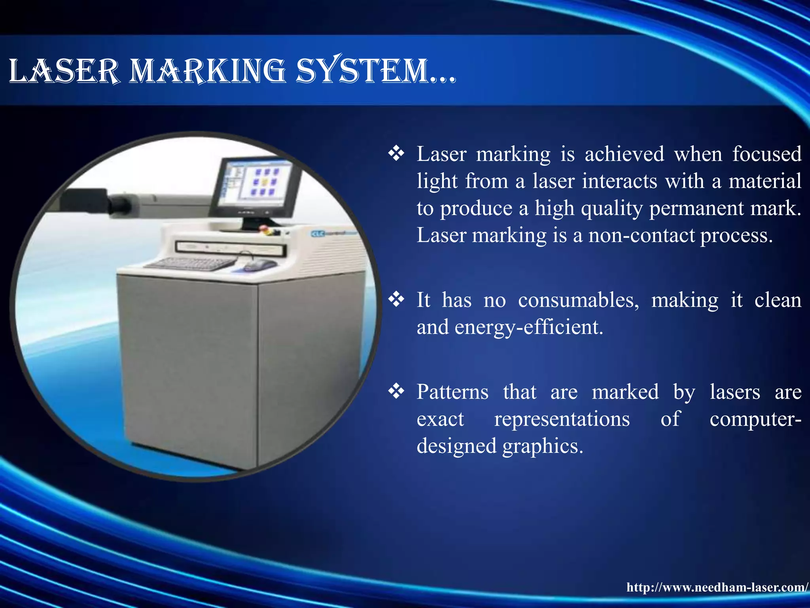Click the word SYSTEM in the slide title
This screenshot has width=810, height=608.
click(x=362, y=71)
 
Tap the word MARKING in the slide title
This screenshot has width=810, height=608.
click(x=207, y=71)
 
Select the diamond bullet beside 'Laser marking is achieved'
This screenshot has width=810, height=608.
click(x=396, y=154)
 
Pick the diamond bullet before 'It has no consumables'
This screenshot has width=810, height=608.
click(x=396, y=300)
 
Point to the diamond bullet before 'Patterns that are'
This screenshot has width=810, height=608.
click(x=396, y=391)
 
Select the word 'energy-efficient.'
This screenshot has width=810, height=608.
click(x=529, y=327)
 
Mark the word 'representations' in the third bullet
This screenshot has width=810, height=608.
click(x=562, y=419)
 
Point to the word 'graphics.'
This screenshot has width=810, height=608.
click(x=543, y=446)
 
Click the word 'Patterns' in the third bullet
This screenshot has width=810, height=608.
click(x=452, y=392)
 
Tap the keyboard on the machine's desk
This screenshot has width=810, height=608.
click(x=190, y=264)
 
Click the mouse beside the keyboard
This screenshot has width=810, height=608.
click(x=259, y=264)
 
